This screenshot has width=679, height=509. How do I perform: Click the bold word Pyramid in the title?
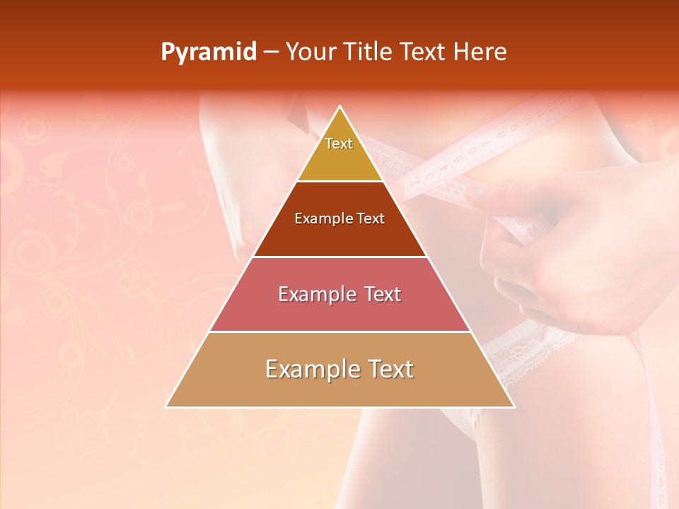point(209,52)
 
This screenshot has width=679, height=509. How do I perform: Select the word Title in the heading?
point(369,52)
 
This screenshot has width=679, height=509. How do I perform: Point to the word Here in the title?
point(480,52)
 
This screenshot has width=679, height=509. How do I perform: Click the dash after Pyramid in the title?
point(271,52)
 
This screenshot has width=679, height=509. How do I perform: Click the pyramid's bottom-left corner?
point(166,406)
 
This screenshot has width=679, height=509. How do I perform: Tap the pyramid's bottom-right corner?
point(514,406)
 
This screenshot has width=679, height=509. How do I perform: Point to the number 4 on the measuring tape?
point(443,169)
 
